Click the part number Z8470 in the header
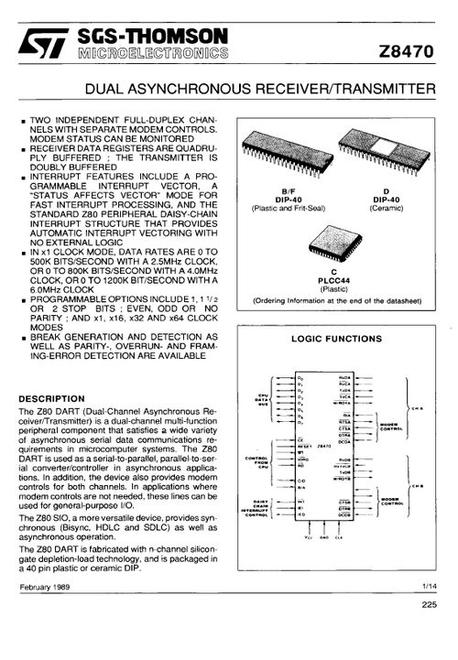pos(406,54)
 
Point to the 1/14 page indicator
pos(431,585)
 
